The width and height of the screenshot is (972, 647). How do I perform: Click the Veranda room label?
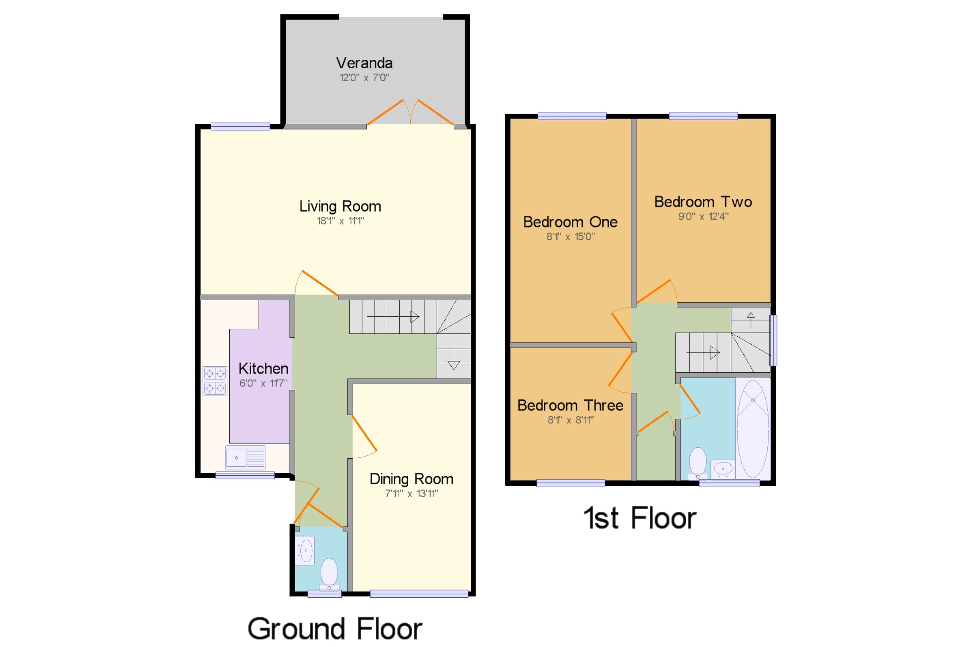click(x=364, y=63)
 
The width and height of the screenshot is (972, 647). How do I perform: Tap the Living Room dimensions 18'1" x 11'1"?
click(x=340, y=221)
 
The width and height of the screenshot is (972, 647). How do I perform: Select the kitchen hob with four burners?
click(x=215, y=381)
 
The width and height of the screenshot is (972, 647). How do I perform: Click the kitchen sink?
click(x=245, y=458)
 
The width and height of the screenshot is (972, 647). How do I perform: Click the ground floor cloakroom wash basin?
click(x=305, y=551)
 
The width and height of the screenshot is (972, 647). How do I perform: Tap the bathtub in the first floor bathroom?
click(x=753, y=428)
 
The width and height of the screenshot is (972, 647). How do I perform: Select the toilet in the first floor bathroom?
click(x=698, y=462)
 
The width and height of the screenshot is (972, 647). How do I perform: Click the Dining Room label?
click(x=411, y=479)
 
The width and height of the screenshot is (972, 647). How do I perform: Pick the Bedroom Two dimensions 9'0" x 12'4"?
click(x=703, y=217)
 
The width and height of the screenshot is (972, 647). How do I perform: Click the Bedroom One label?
click(x=570, y=222)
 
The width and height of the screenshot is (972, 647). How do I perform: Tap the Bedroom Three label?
click(x=570, y=406)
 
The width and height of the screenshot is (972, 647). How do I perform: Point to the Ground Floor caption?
click(x=335, y=629)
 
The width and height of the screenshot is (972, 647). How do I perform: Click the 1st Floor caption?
click(x=640, y=518)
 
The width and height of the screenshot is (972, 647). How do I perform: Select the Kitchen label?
click(x=263, y=369)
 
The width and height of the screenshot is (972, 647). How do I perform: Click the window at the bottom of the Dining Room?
click(x=419, y=593)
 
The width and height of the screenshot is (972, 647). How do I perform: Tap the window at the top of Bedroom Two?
click(x=703, y=116)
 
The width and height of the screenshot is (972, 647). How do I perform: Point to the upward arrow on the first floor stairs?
click(x=750, y=319)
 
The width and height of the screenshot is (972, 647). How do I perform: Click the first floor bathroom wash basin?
click(x=723, y=469)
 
